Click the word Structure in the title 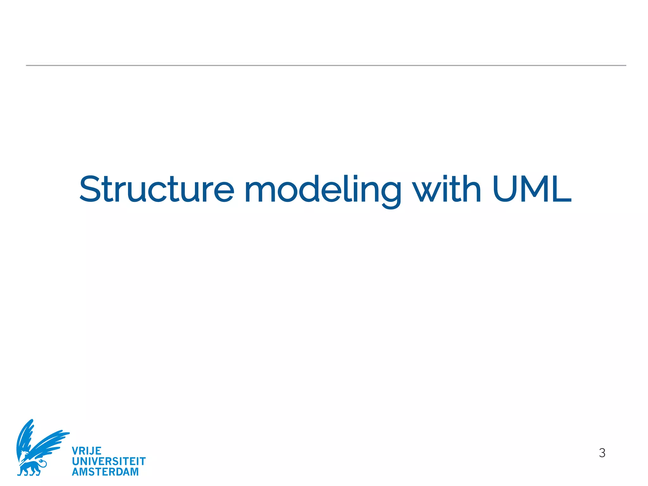pyautogui.click(x=157, y=189)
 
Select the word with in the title pyautogui.click(x=447, y=189)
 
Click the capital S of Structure pyautogui.click(x=92, y=189)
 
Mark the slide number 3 pyautogui.click(x=602, y=453)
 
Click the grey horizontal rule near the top pyautogui.click(x=326, y=65)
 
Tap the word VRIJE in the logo pyautogui.click(x=86, y=451)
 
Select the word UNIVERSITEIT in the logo pyautogui.click(x=109, y=461)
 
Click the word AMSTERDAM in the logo pyautogui.click(x=105, y=472)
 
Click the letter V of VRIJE pyautogui.click(x=75, y=451)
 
